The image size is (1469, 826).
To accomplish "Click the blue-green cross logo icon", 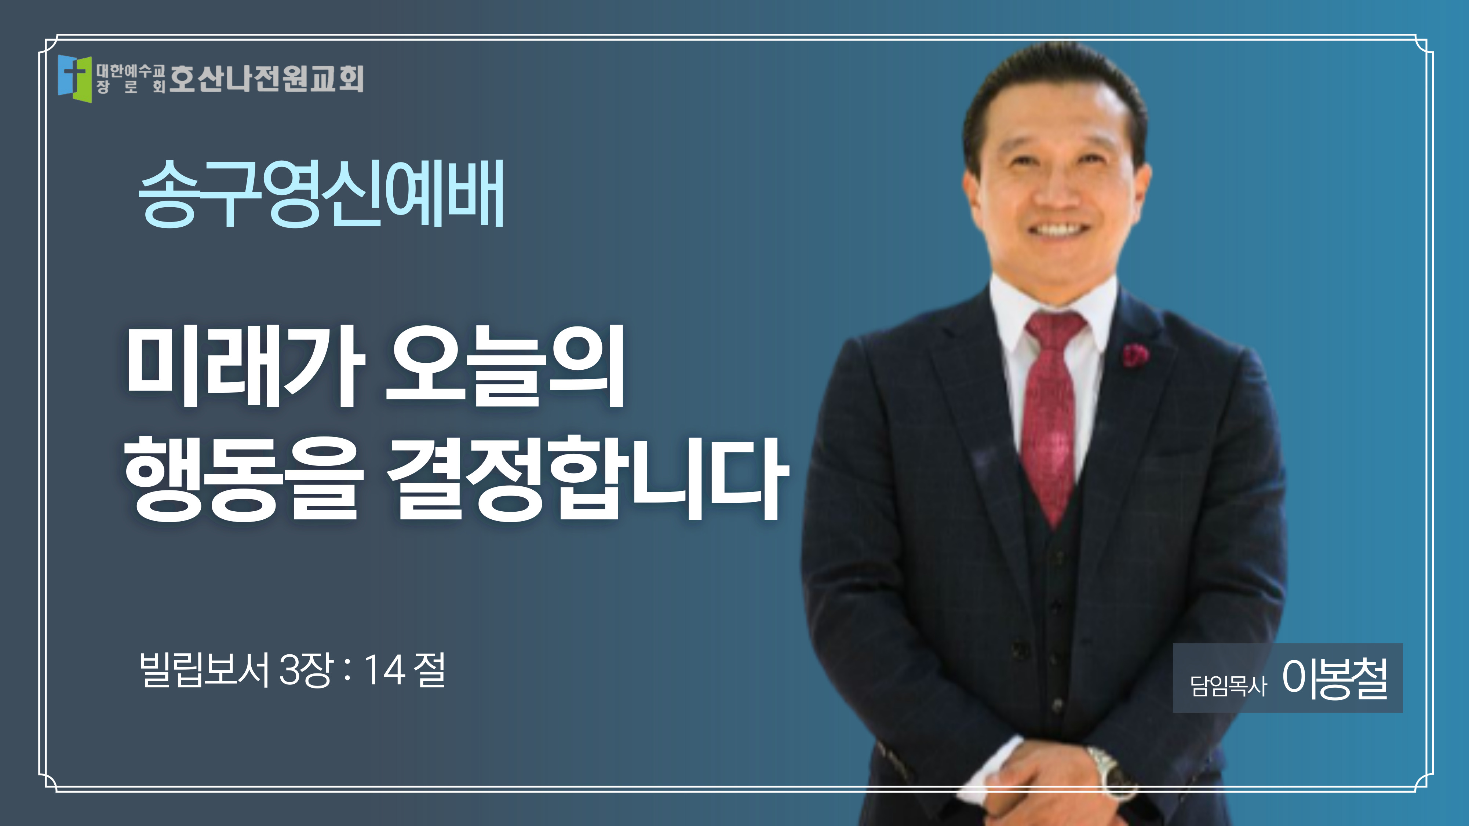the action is [x=74, y=78].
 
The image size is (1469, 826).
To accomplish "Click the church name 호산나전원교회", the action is [x=266, y=78].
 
